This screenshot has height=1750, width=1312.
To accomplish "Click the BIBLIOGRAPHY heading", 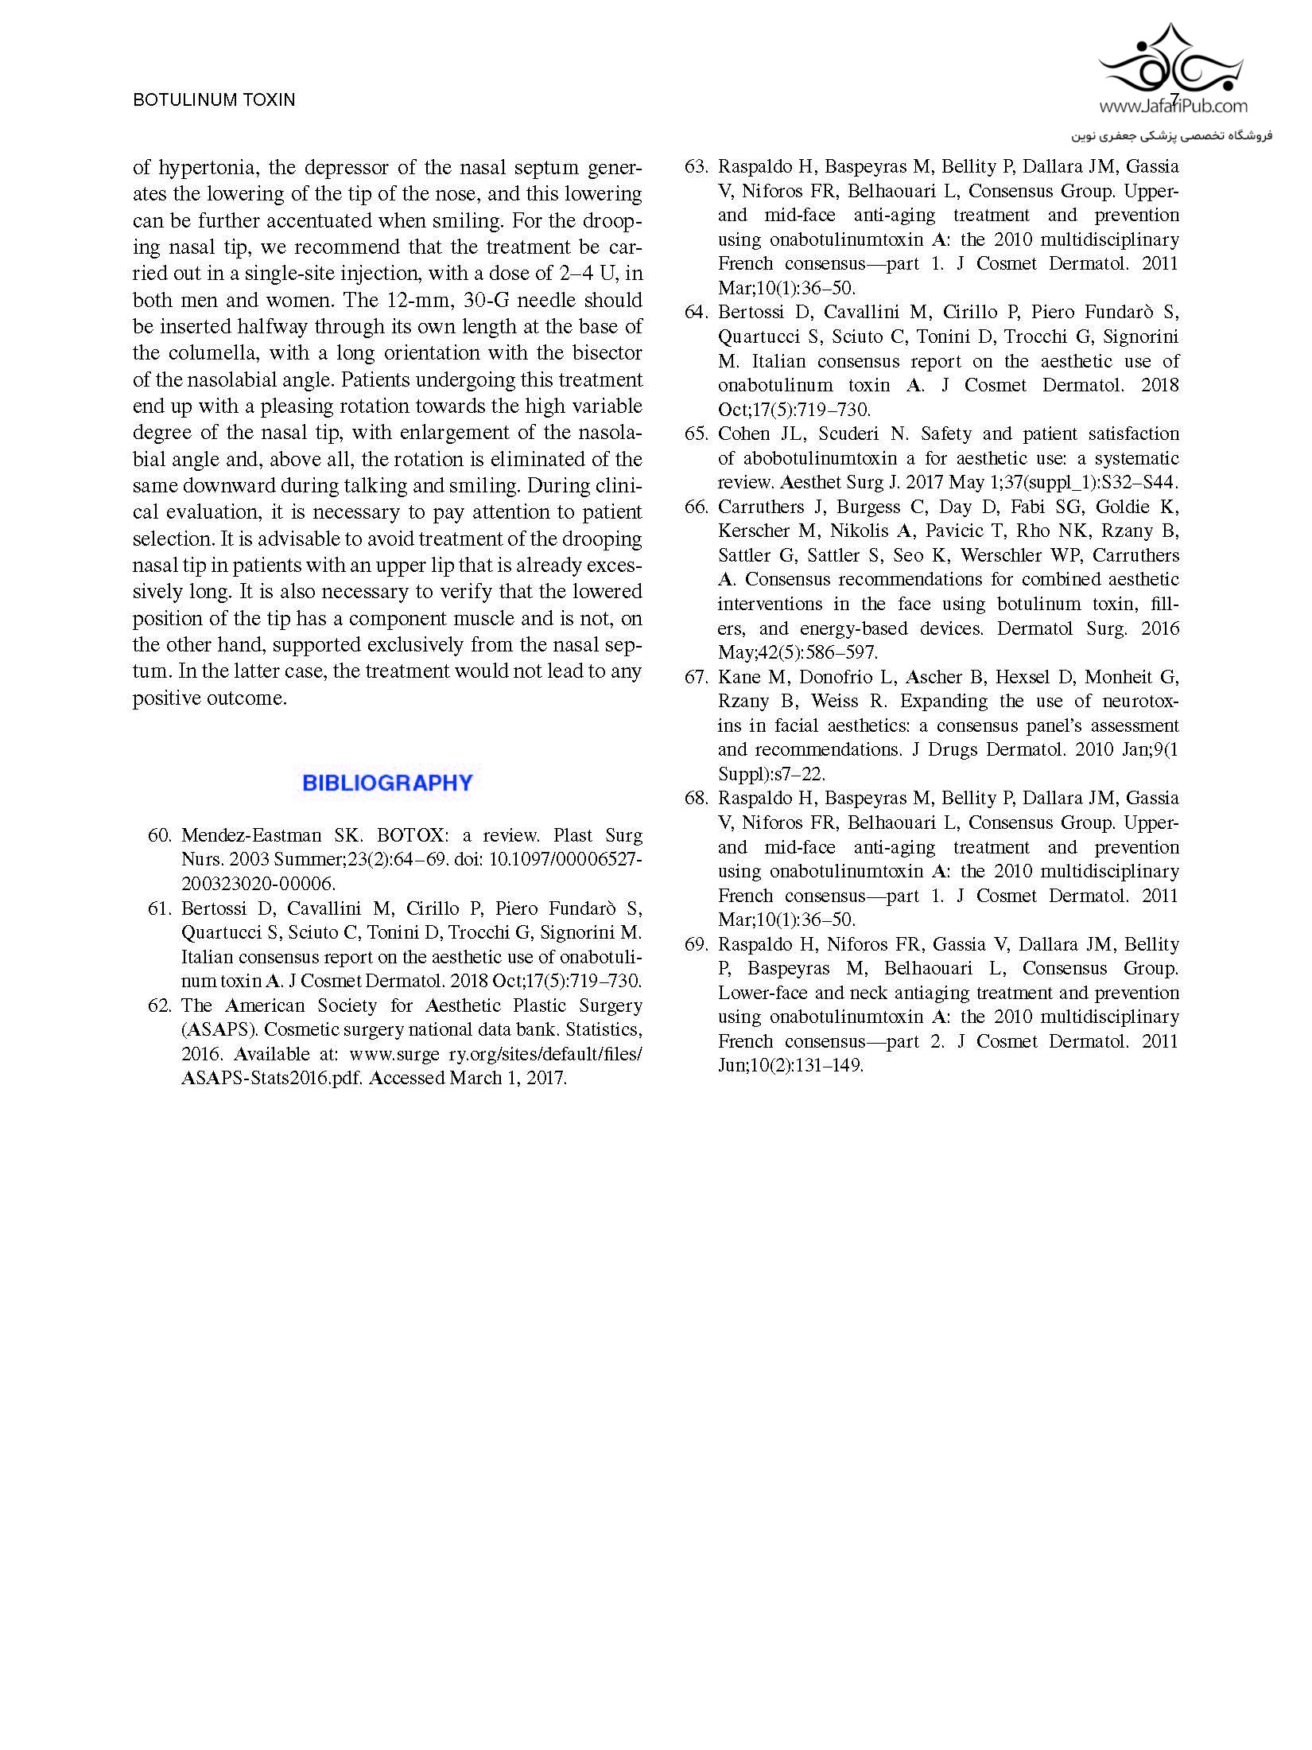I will coord(387,783).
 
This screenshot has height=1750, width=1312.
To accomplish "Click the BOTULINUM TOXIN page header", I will coord(214,99).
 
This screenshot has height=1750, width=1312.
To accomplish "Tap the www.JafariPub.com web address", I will coord(1174,106).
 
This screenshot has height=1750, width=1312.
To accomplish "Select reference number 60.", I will coord(160,835).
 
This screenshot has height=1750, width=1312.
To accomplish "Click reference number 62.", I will coord(160,1005).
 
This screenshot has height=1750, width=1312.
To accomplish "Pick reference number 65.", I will coord(696,434).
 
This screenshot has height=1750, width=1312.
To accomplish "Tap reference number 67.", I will coord(696,677).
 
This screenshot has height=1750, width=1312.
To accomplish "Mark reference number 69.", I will coord(696,944).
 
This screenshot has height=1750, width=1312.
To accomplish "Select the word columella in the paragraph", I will coord(209,352).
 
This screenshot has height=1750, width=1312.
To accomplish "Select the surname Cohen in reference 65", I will coord(740,434).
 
